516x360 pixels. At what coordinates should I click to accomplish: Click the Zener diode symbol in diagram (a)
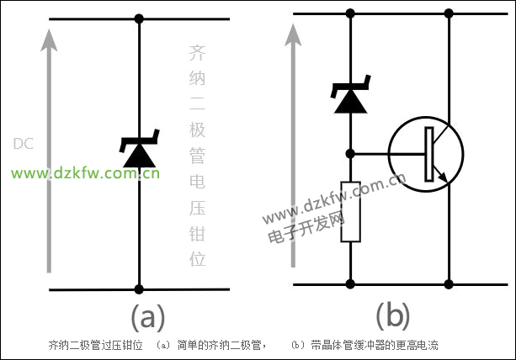(x=137, y=152)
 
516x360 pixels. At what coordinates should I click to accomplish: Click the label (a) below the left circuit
(x=148, y=317)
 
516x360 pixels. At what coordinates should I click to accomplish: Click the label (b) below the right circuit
(x=392, y=317)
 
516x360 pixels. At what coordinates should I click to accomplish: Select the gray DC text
(x=23, y=143)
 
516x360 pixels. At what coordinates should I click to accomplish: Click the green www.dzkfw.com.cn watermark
(x=84, y=174)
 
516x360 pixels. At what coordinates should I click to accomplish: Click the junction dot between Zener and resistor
(x=350, y=154)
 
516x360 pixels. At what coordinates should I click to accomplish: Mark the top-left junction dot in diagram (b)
(x=350, y=13)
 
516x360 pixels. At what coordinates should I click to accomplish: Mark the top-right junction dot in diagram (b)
(x=449, y=13)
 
